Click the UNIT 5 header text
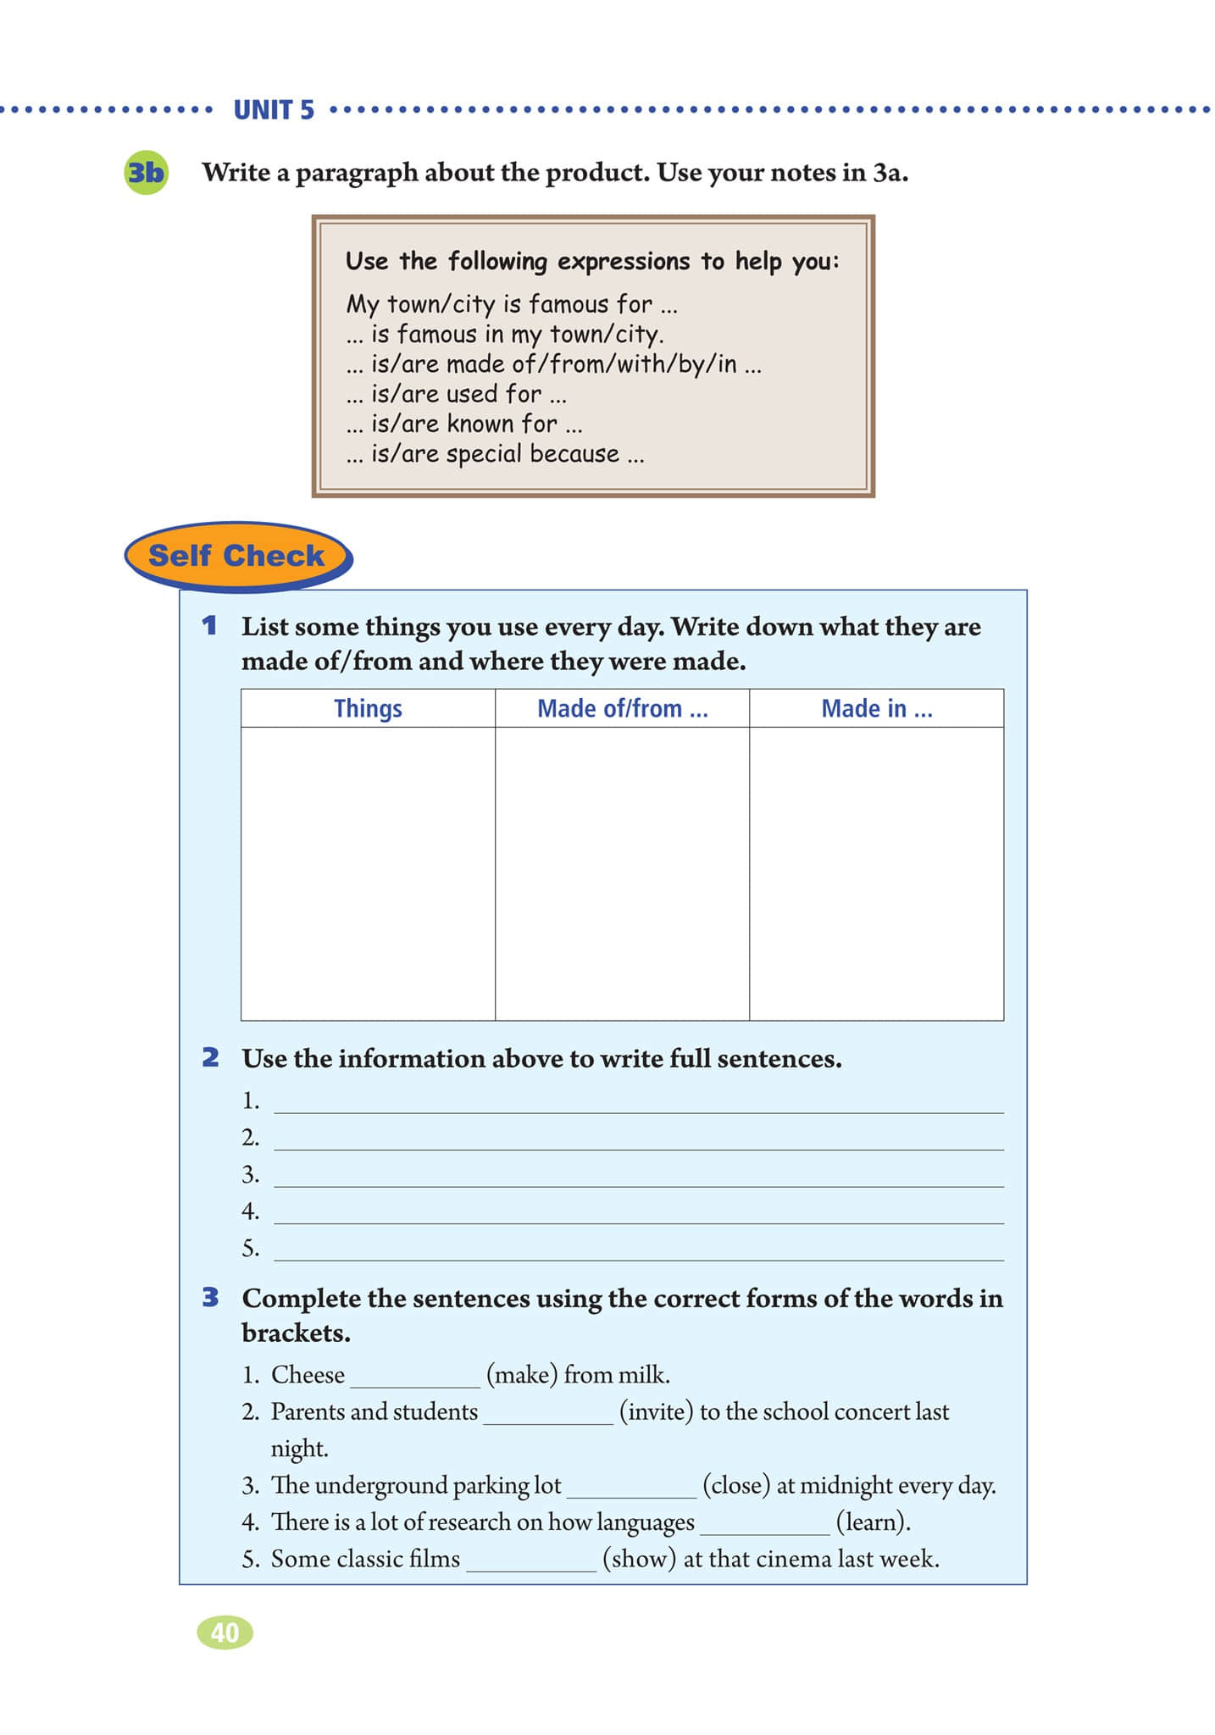274,110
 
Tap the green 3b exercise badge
146,173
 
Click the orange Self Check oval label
236,556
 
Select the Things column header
368,708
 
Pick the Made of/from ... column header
622,708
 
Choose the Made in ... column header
876,708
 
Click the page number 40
225,1632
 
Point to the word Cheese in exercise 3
308,1374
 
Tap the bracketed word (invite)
657,1411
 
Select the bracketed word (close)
736,1485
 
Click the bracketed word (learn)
874,1522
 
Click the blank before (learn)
765,1525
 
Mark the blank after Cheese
415,1377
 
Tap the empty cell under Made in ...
876,873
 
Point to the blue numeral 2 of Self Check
210,1057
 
